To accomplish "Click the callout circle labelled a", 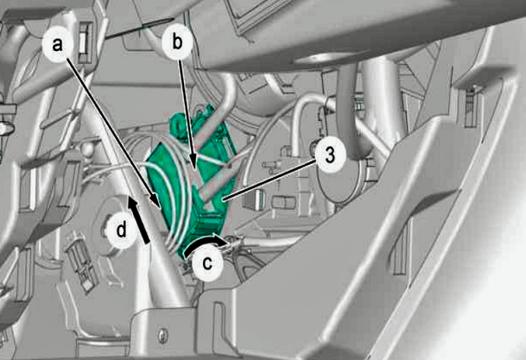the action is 58,44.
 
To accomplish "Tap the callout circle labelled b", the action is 177,42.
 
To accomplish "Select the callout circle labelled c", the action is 207,263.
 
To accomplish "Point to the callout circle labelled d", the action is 121,231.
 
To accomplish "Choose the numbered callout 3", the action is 330,156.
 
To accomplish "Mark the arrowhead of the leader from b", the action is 193,161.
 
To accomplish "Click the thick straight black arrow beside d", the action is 138,219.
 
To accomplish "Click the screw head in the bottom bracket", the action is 162,335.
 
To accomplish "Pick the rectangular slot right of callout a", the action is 84,42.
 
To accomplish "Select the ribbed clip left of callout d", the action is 79,262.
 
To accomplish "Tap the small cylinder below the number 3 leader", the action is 283,203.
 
